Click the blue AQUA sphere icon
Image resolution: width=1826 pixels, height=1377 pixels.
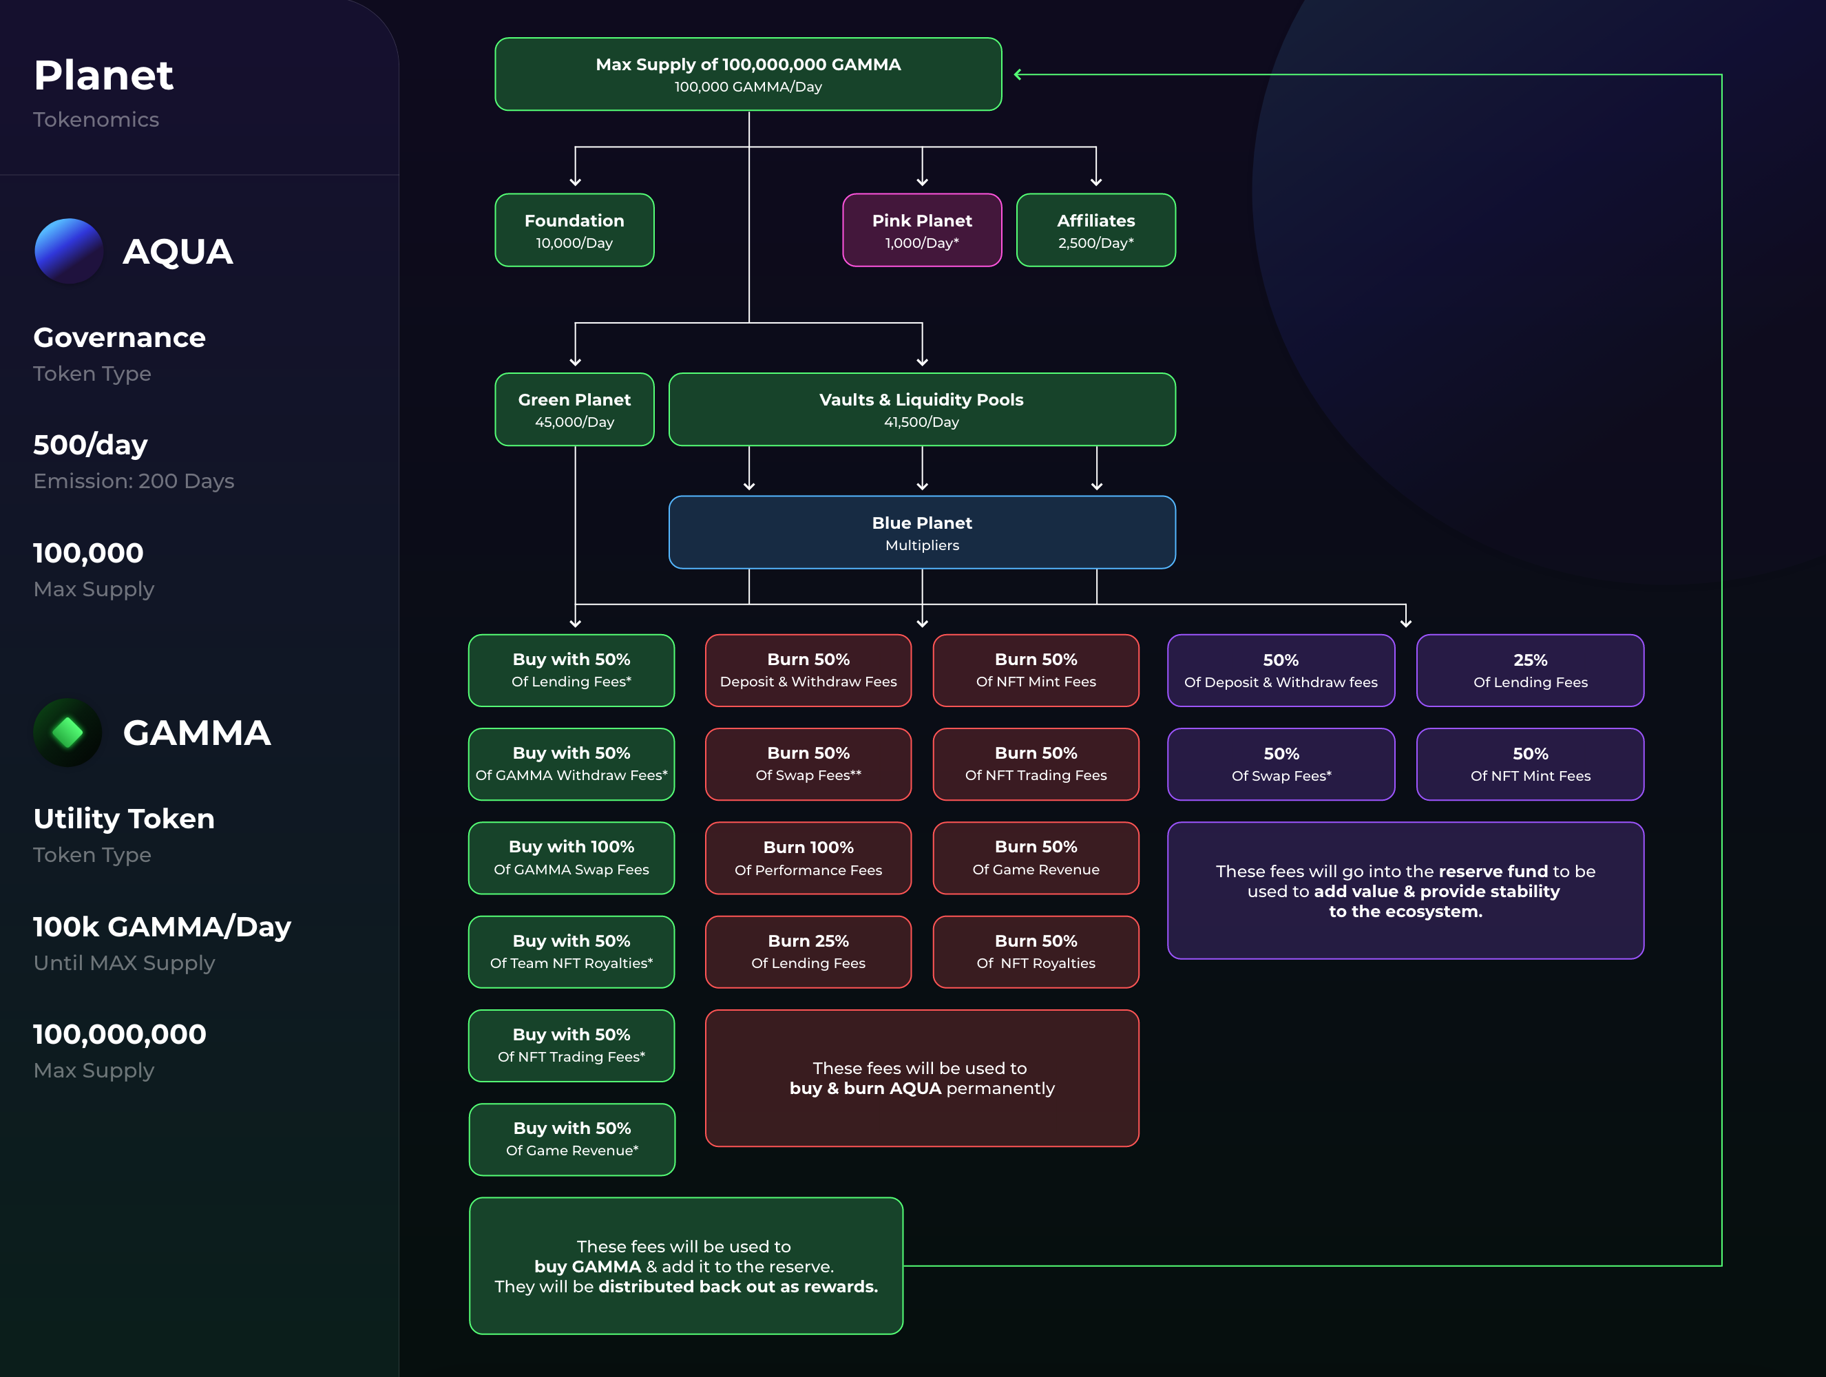(69, 251)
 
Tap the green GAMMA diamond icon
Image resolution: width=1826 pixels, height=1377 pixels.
(67, 733)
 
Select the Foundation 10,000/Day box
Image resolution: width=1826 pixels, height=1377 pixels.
(574, 231)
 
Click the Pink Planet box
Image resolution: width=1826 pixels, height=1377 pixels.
(922, 231)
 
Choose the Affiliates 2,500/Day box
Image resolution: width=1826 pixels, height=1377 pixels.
(1096, 231)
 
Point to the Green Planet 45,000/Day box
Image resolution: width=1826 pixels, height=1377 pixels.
(574, 410)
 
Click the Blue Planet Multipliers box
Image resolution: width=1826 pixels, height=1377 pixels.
(922, 532)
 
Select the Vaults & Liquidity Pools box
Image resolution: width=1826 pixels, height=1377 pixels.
(922, 410)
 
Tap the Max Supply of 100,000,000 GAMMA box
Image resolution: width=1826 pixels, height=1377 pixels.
(748, 74)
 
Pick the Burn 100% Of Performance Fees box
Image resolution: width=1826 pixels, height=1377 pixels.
(808, 859)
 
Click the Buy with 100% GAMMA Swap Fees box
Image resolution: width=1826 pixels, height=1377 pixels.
(571, 859)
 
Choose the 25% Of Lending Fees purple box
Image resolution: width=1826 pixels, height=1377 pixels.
(1531, 671)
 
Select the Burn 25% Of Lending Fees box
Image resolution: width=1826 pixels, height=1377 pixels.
(808, 952)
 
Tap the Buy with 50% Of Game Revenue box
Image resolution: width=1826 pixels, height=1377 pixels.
(572, 1139)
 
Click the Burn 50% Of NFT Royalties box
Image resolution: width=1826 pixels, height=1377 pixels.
(1036, 952)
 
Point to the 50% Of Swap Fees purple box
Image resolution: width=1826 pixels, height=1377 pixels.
(1281, 764)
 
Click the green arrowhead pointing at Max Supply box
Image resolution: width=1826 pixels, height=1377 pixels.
(1018, 74)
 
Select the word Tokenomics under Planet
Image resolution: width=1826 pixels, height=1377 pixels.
(96, 120)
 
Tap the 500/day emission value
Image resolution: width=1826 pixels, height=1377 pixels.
(91, 445)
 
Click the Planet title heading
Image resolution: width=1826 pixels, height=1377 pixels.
(103, 75)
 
